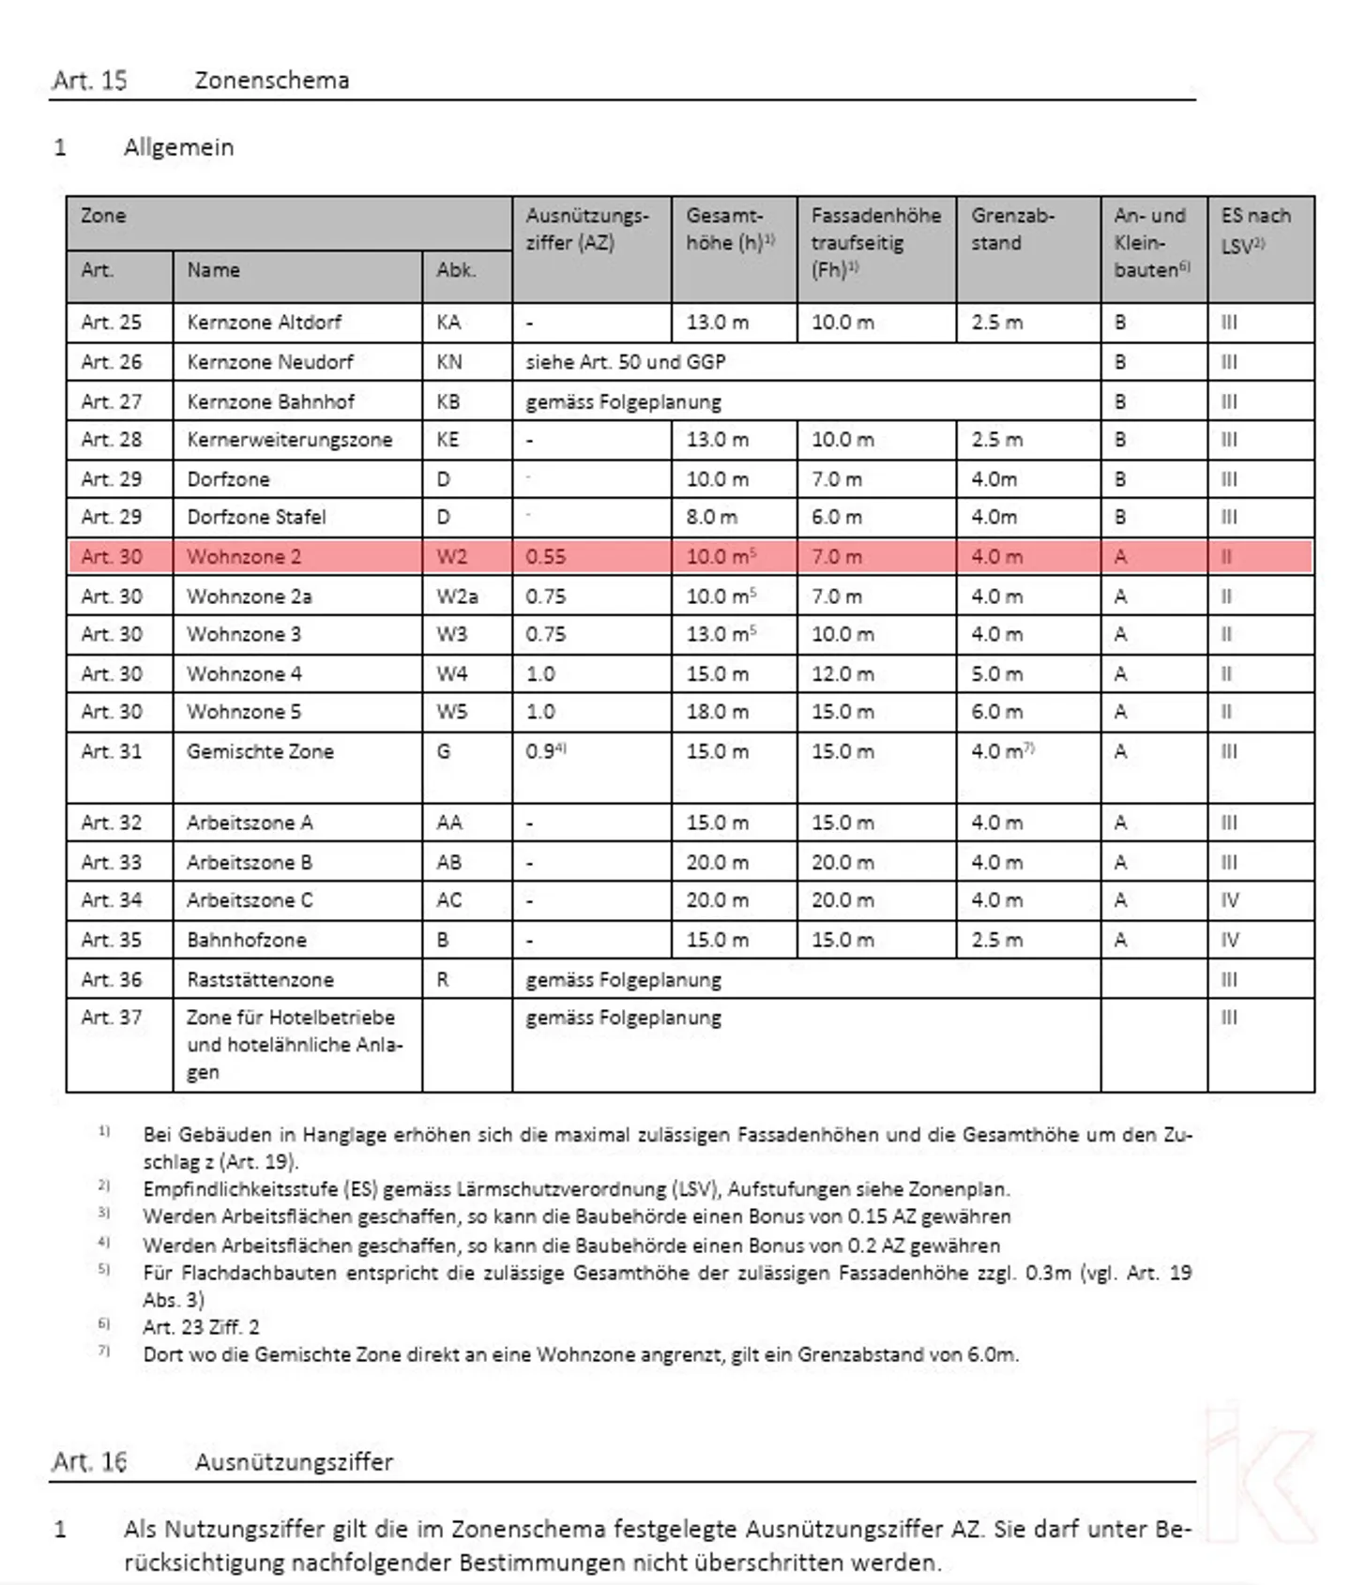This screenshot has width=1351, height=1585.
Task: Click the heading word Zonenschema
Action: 271,81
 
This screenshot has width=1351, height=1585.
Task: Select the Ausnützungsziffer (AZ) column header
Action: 587,229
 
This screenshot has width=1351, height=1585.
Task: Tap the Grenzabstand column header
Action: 1012,229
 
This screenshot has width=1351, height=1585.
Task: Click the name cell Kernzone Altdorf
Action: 264,323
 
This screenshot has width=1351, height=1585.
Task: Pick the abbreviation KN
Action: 448,362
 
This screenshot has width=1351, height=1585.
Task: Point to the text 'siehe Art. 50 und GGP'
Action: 625,362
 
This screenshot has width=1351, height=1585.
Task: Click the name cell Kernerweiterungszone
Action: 289,440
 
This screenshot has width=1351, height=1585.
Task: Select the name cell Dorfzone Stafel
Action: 256,518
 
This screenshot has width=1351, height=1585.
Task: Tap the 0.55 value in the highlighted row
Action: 545,557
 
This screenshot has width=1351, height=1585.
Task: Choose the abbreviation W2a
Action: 457,596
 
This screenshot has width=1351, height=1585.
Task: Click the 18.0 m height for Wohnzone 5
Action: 717,712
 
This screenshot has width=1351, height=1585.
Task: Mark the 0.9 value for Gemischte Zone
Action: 541,752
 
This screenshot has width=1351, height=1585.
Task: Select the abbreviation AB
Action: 448,863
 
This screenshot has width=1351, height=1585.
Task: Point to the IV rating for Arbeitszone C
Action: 1229,901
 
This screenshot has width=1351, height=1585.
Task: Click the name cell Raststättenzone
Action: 260,980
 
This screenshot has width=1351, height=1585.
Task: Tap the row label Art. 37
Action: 111,1018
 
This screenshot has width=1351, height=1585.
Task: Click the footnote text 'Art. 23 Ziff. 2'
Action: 201,1327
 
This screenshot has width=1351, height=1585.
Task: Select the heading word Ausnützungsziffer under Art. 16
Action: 294,1462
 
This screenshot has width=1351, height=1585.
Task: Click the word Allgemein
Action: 178,147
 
